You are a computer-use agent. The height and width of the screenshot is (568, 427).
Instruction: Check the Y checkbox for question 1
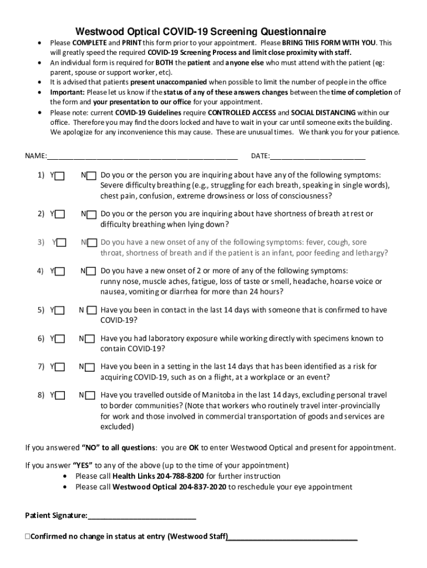pyautogui.click(x=60, y=176)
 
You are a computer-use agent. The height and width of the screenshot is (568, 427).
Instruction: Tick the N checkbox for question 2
pyautogui.click(x=91, y=215)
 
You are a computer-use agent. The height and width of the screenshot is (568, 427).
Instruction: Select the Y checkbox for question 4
pyautogui.click(x=60, y=272)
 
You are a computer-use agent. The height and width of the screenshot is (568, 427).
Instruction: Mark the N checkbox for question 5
pyautogui.click(x=91, y=311)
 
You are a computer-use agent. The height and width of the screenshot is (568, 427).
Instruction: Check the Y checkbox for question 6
pyautogui.click(x=60, y=339)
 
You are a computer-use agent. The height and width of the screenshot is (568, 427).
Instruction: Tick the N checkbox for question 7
pyautogui.click(x=91, y=367)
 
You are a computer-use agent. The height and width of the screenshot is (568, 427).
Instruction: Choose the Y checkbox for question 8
pyautogui.click(x=60, y=395)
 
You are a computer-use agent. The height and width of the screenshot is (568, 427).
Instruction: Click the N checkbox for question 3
pyautogui.click(x=91, y=243)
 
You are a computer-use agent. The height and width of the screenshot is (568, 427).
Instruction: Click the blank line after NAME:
pyautogui.click(x=142, y=156)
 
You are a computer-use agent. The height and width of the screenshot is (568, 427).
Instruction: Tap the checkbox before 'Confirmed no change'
pyautogui.click(x=28, y=537)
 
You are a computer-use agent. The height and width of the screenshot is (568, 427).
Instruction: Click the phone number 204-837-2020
pyautogui.click(x=203, y=488)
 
